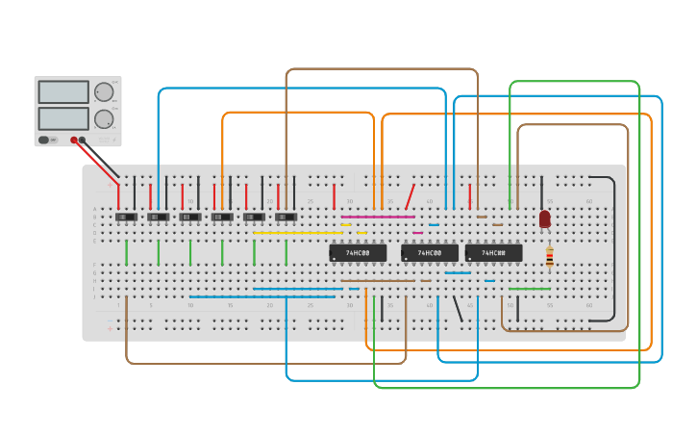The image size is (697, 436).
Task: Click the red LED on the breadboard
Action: click(545, 218)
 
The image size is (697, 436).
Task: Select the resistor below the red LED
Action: click(549, 256)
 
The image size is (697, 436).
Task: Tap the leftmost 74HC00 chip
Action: click(358, 253)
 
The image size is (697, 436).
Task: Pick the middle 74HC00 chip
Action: click(429, 253)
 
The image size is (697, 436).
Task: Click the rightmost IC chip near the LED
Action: click(493, 253)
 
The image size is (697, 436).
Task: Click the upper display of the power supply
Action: click(63, 92)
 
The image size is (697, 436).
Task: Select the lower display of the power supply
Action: click(63, 119)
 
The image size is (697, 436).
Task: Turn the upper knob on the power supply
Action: click(103, 92)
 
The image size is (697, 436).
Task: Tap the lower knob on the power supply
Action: click(103, 119)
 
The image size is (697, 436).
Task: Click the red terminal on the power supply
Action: click(73, 141)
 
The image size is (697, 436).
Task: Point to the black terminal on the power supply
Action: click(83, 141)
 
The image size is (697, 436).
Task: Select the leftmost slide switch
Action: click(126, 218)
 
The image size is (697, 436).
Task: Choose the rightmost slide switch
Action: click(286, 218)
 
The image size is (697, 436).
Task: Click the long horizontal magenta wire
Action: click(378, 217)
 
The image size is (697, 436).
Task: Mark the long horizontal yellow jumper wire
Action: click(297, 233)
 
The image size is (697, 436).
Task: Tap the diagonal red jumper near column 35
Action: click(410, 196)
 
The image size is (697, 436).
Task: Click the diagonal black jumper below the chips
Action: click(458, 309)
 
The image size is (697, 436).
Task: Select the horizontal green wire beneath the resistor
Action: click(530, 289)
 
